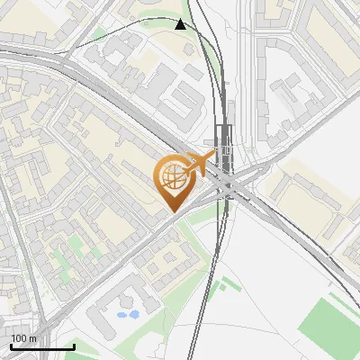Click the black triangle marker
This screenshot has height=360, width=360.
[x=181, y=24]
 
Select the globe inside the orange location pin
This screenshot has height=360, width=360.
[x=171, y=178]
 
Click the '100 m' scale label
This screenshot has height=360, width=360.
[x=23, y=337]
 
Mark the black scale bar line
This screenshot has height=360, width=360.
[x=41, y=347]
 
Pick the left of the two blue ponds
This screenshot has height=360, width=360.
[x=121, y=316]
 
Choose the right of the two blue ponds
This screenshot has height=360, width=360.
[x=133, y=315]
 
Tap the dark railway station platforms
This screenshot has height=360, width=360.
[x=222, y=144]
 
